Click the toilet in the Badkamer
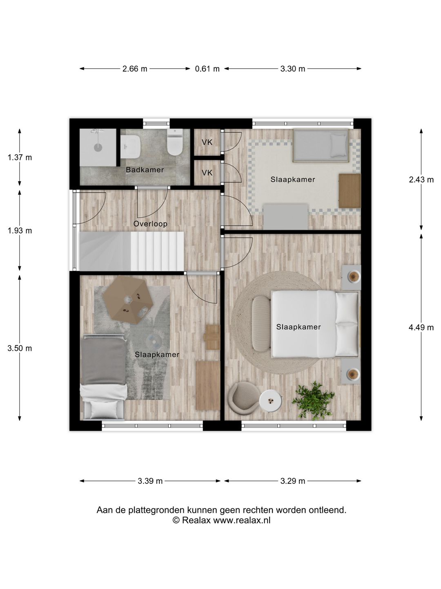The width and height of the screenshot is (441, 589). [x=175, y=142]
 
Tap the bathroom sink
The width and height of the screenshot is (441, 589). [x=130, y=146]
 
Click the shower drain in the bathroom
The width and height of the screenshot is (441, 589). [x=98, y=147]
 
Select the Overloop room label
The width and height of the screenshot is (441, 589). [x=150, y=224]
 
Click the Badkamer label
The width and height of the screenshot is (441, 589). [x=145, y=170]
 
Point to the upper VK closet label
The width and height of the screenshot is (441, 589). [x=207, y=142]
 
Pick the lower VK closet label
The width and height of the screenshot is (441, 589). [x=207, y=173]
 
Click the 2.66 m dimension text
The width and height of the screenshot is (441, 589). [x=135, y=69]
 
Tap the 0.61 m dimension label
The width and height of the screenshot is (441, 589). [x=207, y=69]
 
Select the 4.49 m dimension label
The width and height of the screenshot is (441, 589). [x=421, y=328]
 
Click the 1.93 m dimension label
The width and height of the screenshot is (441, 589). [x=20, y=231]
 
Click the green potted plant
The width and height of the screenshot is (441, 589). [x=313, y=401]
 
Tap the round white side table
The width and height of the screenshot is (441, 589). [x=270, y=401]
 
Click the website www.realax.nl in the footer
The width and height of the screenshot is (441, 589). [x=241, y=520]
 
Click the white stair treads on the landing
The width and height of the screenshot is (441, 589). [x=158, y=252]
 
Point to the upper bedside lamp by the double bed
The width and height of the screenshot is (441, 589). [x=354, y=277]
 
